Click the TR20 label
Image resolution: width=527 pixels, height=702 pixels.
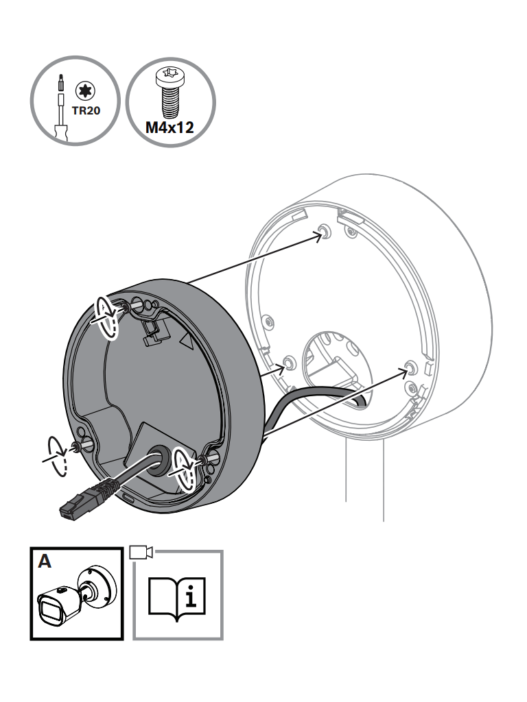[x=86, y=110]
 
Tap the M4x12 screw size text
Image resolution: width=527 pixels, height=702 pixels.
[x=170, y=128]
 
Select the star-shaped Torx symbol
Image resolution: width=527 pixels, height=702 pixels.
[x=84, y=91]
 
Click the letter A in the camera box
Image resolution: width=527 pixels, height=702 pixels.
[x=45, y=561]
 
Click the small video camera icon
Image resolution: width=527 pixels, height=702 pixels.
[x=141, y=552]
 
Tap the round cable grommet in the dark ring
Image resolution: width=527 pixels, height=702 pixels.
[x=159, y=460]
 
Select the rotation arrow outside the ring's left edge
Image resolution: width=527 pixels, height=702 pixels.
[x=56, y=456]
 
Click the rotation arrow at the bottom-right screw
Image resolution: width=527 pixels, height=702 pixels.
[x=185, y=469]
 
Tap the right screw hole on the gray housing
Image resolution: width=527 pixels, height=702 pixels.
[x=410, y=367]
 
